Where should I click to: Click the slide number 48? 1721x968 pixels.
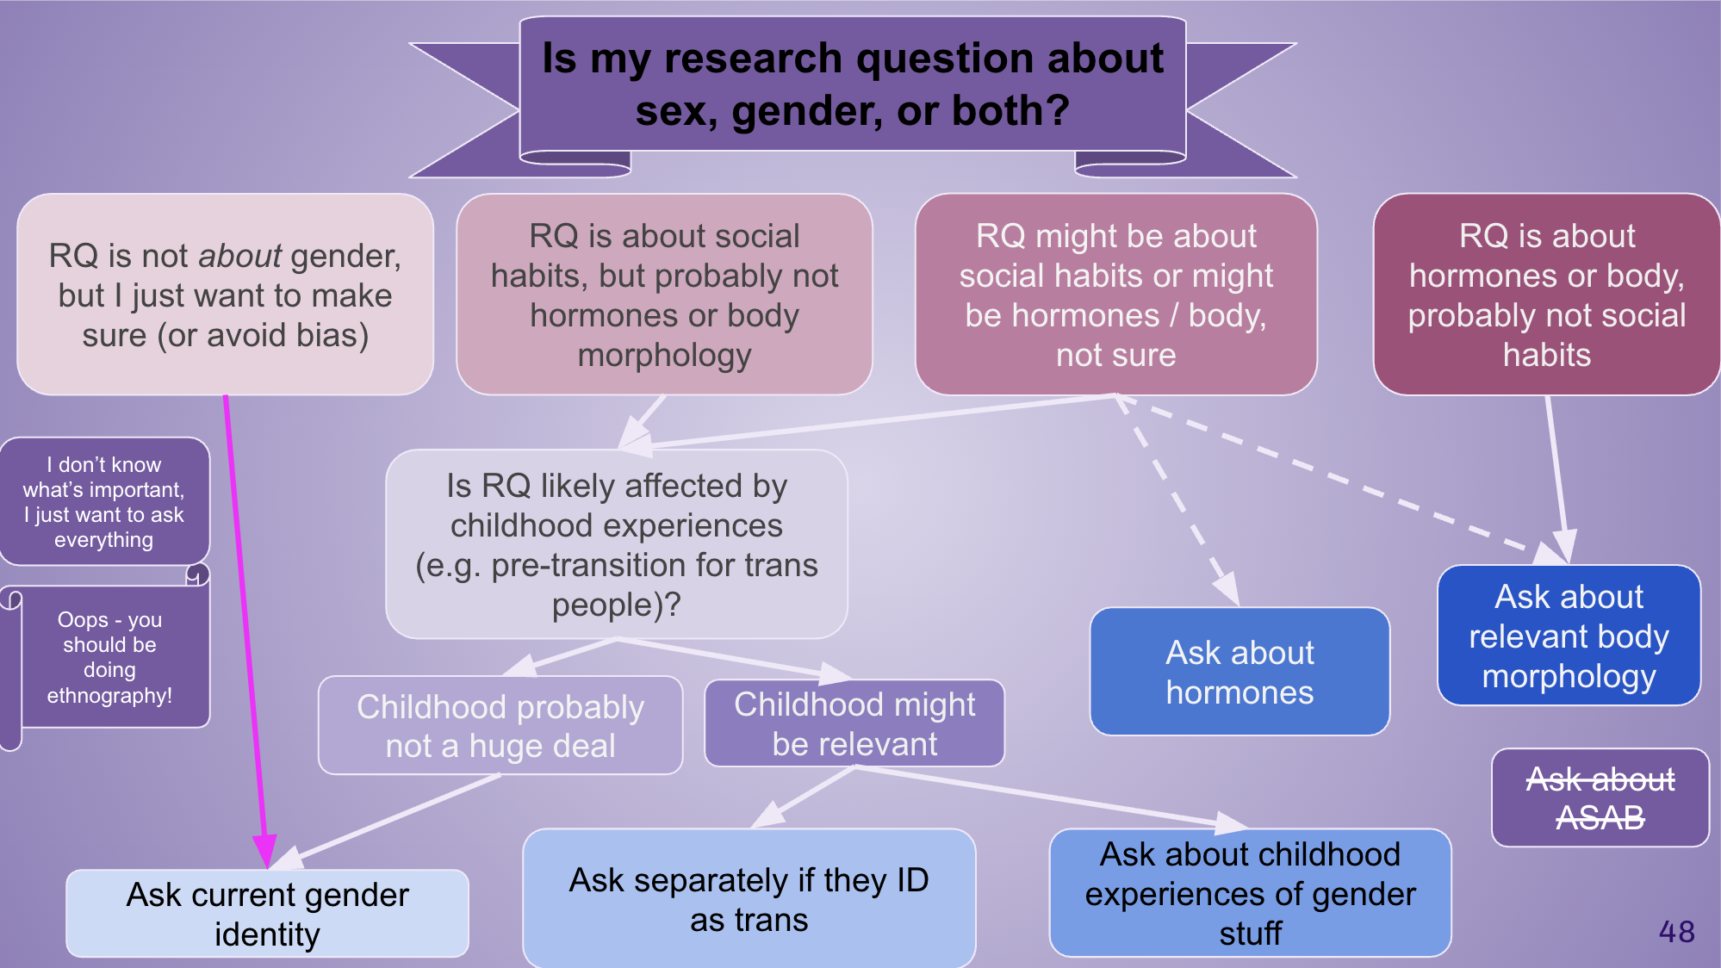coord(1676,932)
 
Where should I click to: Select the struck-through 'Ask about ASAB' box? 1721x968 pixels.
coord(1600,798)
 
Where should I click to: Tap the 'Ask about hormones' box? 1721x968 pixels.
coord(1239,672)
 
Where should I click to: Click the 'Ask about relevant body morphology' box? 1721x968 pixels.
coord(1569,636)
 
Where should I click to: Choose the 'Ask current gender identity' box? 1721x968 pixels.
coord(267,914)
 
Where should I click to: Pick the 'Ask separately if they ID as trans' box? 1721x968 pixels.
coord(749,899)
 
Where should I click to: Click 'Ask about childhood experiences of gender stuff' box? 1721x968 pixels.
coord(1250,893)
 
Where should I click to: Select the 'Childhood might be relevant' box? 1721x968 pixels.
coord(854,723)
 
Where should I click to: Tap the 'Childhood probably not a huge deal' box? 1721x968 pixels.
coord(500,725)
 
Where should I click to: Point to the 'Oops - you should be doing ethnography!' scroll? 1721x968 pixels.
coord(109,657)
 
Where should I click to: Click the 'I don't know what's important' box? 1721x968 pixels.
coord(104,502)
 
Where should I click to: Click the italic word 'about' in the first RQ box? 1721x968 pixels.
coord(239,256)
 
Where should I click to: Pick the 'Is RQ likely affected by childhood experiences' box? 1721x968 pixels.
coord(616,544)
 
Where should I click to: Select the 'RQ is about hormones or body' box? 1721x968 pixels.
coord(1546,295)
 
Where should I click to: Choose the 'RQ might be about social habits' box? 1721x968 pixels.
coord(1115,295)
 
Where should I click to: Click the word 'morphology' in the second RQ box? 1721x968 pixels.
coord(664,355)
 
